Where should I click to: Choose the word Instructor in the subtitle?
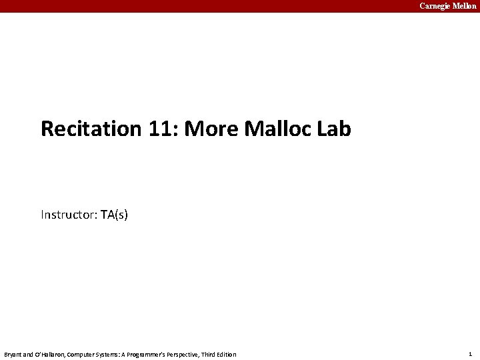pyautogui.click(x=69, y=215)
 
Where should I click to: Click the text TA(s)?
pyautogui.click(x=114, y=215)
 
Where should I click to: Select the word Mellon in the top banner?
pyautogui.click(x=465, y=6)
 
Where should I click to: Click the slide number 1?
pyautogui.click(x=470, y=354)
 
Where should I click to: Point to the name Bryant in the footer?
pyautogui.click(x=13, y=354)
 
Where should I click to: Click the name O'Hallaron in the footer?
pyautogui.click(x=49, y=354)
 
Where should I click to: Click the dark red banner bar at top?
pyautogui.click(x=200, y=6)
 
